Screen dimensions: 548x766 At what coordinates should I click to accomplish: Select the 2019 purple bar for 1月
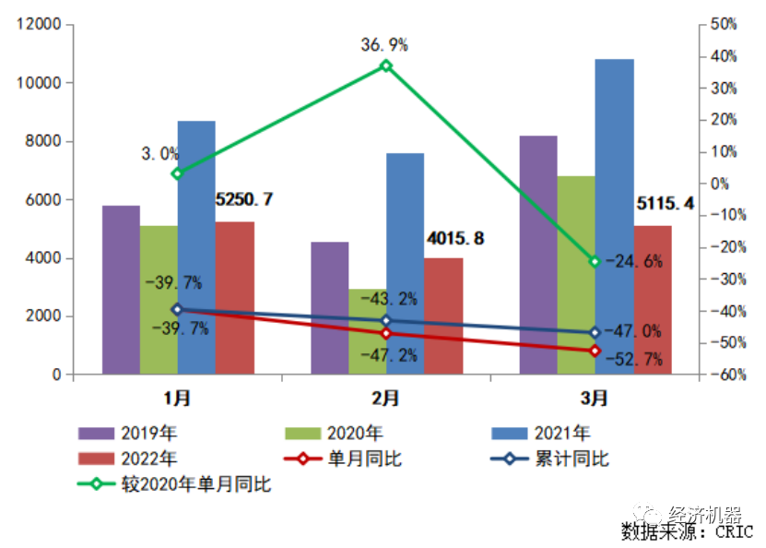point(121,290)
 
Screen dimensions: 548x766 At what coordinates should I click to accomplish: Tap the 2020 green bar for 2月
point(367,332)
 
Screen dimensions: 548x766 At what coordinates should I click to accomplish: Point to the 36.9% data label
point(385,44)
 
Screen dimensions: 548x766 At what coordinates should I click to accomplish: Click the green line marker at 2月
point(386,66)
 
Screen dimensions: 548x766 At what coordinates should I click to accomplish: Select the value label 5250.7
point(244,199)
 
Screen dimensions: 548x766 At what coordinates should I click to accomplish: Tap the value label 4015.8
point(455,238)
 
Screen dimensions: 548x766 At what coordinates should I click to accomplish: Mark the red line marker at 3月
point(595,351)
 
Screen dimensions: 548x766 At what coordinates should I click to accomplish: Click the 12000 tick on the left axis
point(40,25)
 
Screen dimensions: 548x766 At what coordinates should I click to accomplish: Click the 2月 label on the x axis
point(386,399)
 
